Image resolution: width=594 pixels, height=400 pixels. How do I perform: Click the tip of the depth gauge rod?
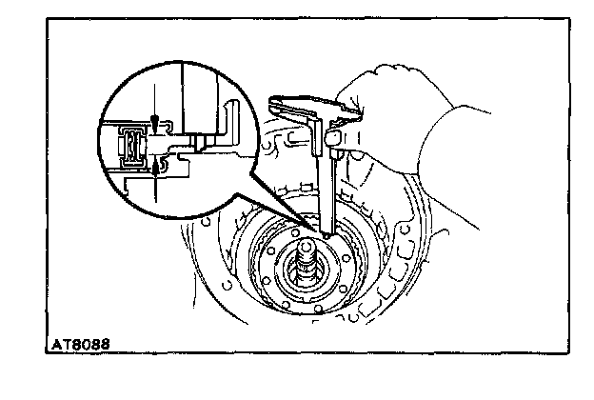point(327,233)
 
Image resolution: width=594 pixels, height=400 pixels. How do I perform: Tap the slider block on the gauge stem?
point(335,139)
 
